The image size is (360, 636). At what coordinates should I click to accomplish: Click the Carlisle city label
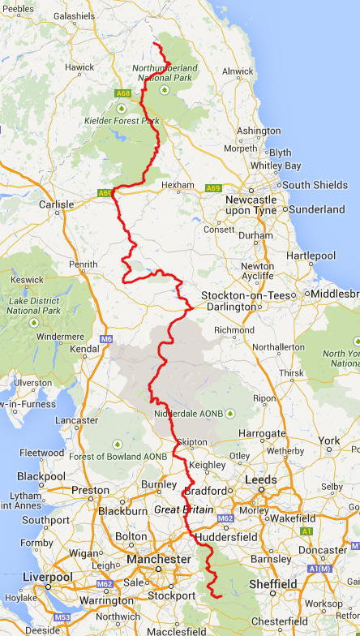(57, 204)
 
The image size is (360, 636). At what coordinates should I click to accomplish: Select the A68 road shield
(123, 93)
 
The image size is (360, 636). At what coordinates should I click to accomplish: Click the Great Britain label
(184, 509)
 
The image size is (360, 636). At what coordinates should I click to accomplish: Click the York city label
(329, 440)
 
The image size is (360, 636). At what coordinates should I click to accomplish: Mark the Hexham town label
(178, 185)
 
